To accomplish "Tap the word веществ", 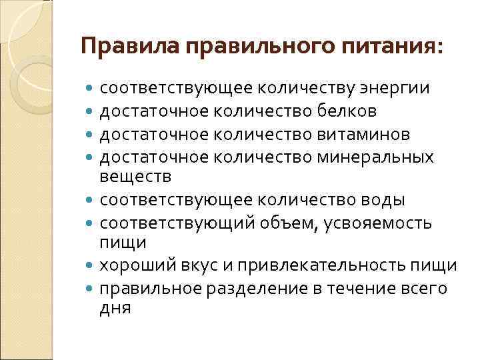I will [135, 177].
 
